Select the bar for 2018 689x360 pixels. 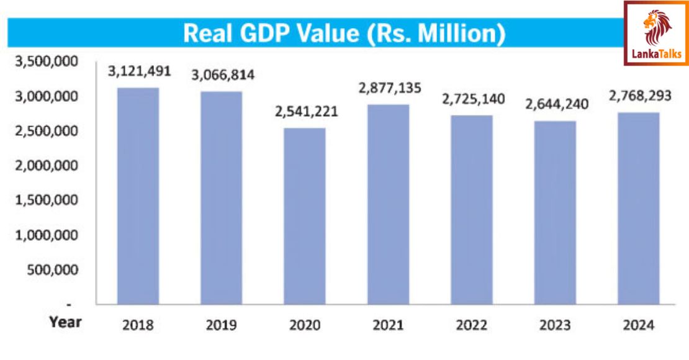click(138, 196)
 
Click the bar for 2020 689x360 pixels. click(304, 216)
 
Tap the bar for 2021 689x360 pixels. click(387, 204)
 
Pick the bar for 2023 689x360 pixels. click(555, 212)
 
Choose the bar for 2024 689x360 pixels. click(638, 208)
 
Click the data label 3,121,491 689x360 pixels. click(139, 71)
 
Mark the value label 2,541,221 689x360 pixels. click(304, 112)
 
